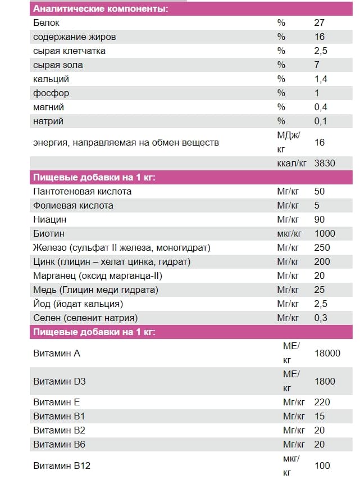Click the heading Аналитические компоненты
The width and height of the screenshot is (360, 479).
(101, 9)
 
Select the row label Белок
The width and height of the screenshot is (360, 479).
(46, 23)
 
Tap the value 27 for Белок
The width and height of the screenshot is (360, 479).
(319, 23)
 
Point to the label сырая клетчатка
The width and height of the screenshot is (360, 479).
(69, 51)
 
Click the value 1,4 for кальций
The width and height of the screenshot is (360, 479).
(321, 79)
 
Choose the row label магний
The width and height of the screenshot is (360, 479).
(48, 107)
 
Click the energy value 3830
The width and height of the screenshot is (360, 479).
(325, 164)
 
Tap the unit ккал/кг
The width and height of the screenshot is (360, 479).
(291, 164)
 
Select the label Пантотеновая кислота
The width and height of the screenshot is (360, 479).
(82, 191)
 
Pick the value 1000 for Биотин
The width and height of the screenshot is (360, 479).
(325, 233)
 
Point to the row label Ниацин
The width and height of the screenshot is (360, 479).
(49, 219)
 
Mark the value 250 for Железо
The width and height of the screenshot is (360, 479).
(322, 247)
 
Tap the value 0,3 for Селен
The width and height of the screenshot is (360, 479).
(321, 318)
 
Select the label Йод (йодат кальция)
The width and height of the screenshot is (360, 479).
(78, 304)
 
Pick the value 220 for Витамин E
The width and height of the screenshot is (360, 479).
(322, 402)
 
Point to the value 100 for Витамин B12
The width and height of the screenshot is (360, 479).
(322, 466)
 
